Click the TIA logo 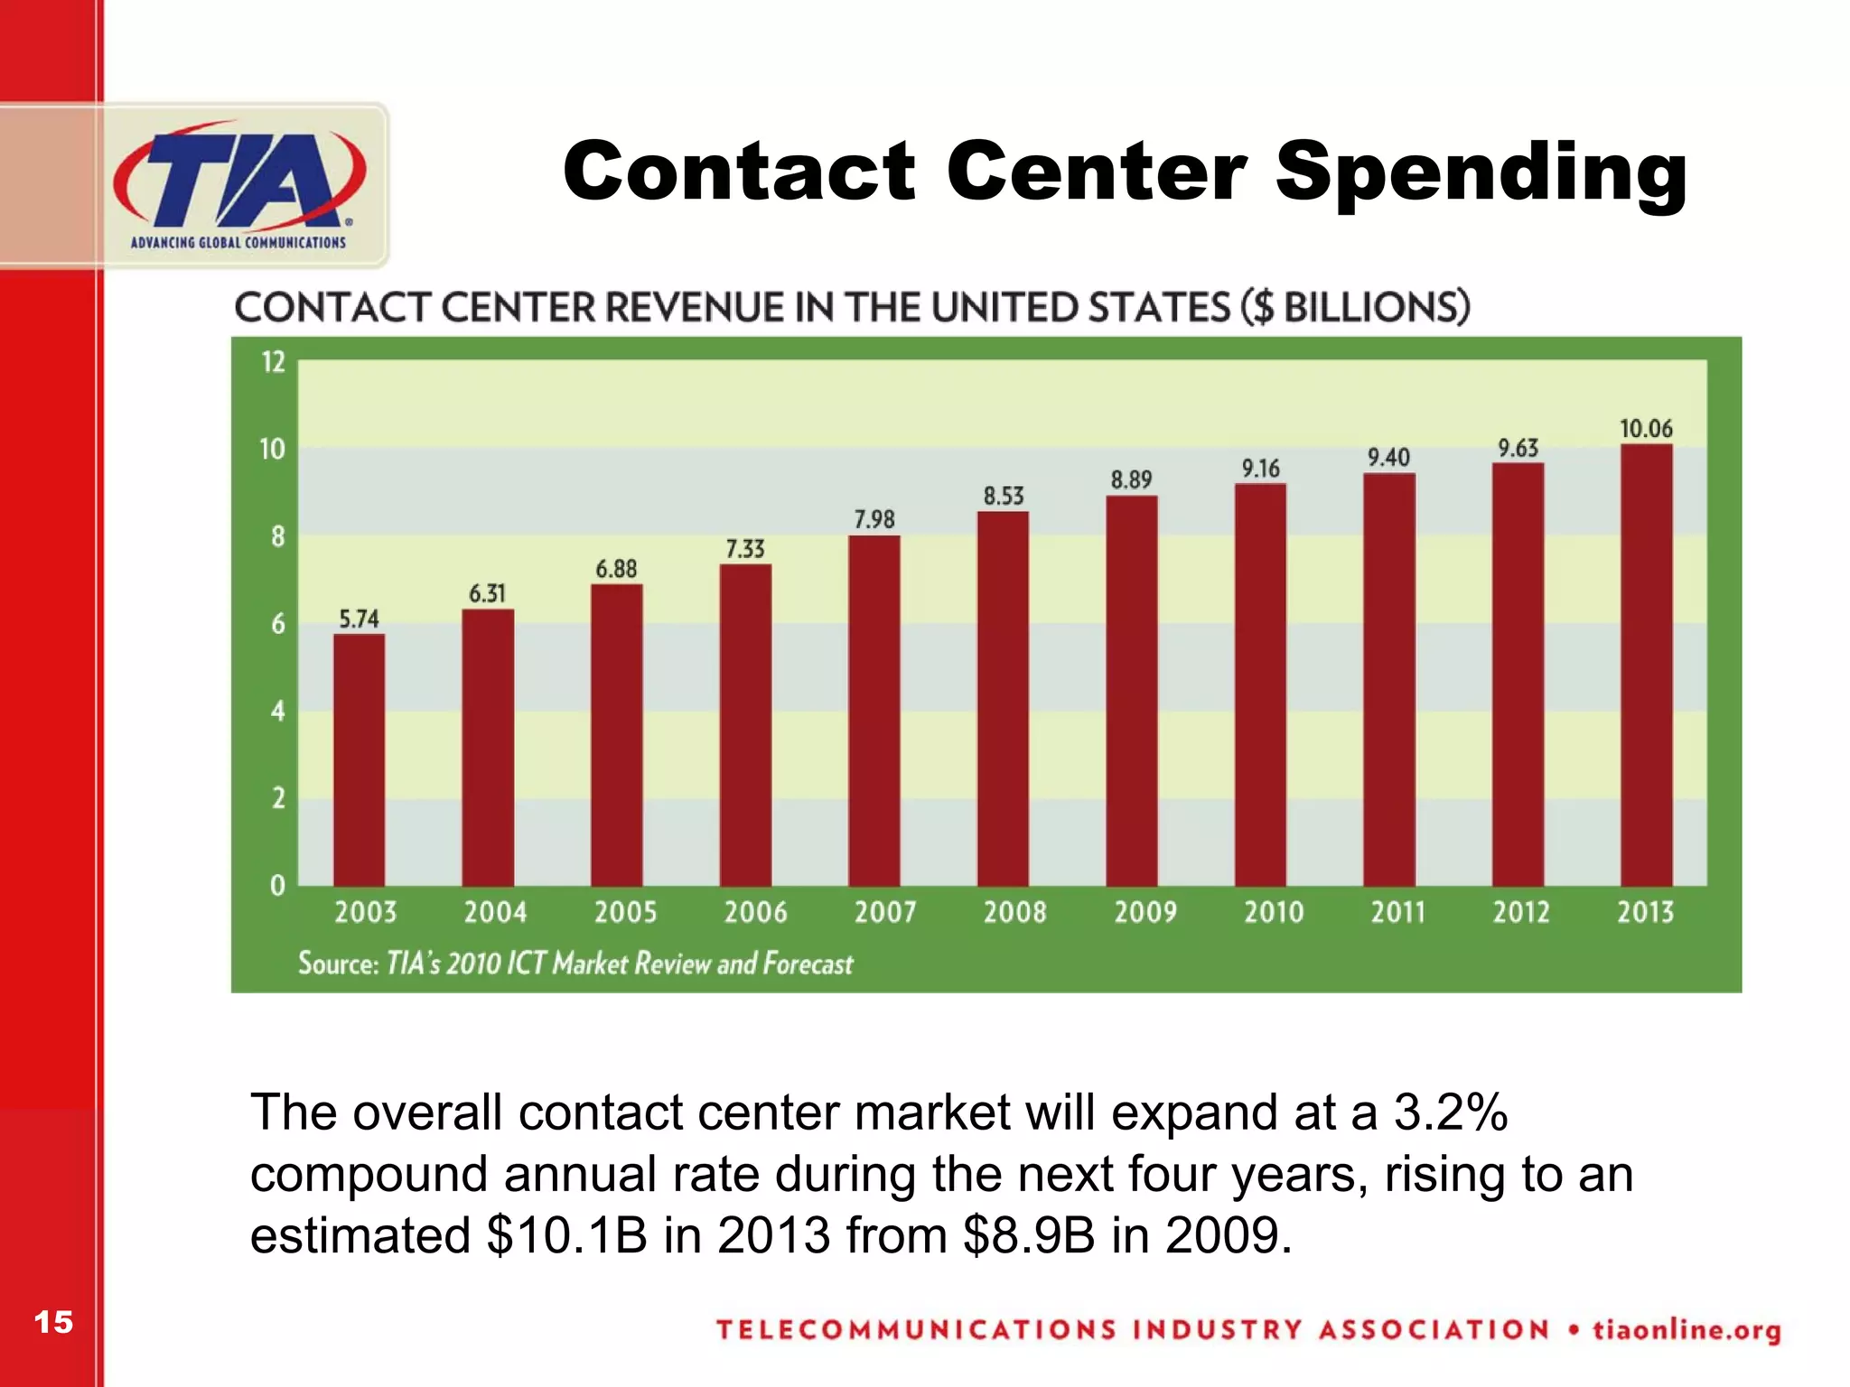tap(239, 185)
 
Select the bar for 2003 tap(359, 759)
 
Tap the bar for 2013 tap(1646, 665)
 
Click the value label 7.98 tap(874, 519)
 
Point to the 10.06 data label tap(1646, 429)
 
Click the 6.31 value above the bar tap(487, 593)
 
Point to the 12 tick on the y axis tap(273, 362)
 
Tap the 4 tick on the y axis tap(277, 712)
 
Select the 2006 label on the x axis tap(755, 912)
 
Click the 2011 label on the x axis tap(1397, 912)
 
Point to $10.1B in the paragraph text tap(566, 1234)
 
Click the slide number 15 tap(53, 1322)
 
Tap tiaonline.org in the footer tap(1686, 1330)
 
